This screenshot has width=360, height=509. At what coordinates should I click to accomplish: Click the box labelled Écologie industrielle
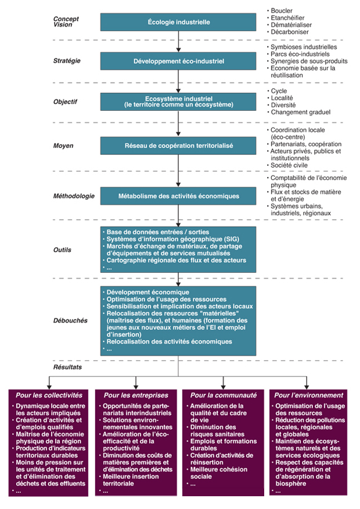pyautogui.click(x=178, y=22)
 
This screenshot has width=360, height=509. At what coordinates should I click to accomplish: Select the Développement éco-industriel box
pyautogui.click(x=178, y=61)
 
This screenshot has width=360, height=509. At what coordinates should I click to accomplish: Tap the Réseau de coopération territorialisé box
pyautogui.click(x=178, y=146)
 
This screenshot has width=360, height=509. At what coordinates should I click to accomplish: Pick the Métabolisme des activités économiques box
pyautogui.click(x=178, y=196)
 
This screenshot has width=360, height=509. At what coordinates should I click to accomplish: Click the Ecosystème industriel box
pyautogui.click(x=178, y=102)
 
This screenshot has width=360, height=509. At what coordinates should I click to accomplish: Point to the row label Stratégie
pyautogui.click(x=67, y=61)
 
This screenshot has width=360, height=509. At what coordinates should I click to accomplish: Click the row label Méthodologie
pyautogui.click(x=74, y=196)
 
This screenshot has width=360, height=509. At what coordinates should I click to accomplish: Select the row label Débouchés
pyautogui.click(x=70, y=320)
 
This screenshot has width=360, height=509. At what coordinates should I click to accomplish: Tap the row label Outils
pyautogui.click(x=62, y=250)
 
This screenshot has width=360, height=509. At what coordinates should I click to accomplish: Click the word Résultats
pyautogui.click(x=67, y=367)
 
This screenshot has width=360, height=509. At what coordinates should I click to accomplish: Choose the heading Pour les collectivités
pyautogui.click(x=49, y=395)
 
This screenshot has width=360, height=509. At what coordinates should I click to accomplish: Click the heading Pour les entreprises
pyautogui.click(x=136, y=395)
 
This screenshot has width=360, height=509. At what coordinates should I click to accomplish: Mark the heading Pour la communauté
pyautogui.click(x=224, y=395)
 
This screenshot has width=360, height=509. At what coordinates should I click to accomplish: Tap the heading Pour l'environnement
pyautogui.click(x=309, y=395)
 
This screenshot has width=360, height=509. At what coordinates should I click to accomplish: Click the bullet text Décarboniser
pyautogui.click(x=290, y=32)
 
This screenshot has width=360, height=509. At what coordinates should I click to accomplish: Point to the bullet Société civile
pyautogui.click(x=289, y=165)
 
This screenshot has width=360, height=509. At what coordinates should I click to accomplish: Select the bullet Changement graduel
pyautogui.click(x=301, y=113)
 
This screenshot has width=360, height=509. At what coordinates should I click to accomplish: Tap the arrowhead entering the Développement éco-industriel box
pyautogui.click(x=178, y=50)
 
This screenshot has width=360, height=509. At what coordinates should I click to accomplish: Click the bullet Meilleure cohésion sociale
pyautogui.click(x=218, y=473)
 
